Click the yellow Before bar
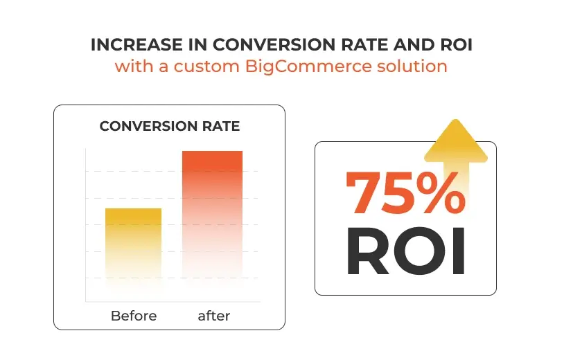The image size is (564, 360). tap(134, 244)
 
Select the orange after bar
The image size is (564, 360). tap(212, 215)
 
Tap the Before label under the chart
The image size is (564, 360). tap(134, 316)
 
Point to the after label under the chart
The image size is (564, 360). tap(214, 316)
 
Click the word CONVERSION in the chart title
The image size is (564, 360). tap(148, 126)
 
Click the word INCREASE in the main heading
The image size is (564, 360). tap(136, 45)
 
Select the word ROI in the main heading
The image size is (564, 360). tap(456, 45)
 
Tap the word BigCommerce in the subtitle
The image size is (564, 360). tap(308, 66)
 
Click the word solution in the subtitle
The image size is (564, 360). tap(412, 66)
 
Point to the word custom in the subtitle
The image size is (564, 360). tap(206, 66)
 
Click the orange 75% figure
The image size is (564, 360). tap(405, 193)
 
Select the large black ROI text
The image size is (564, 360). tap(406, 251)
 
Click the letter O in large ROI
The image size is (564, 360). tap(419, 251)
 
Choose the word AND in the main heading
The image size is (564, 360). tap(414, 45)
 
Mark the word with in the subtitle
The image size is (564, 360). tap(134, 66)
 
